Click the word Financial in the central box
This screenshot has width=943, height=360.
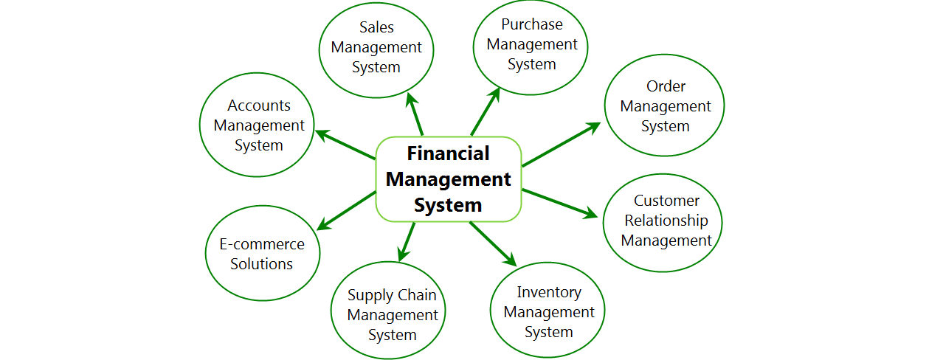(x=448, y=153)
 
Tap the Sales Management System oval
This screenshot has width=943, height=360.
(x=376, y=47)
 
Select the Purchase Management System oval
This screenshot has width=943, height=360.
(x=531, y=44)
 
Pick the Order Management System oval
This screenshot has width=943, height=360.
(x=665, y=106)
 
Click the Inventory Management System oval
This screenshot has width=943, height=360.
(x=548, y=312)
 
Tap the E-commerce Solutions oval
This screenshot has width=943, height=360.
(x=262, y=254)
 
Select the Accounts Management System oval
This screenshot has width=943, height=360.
(x=258, y=125)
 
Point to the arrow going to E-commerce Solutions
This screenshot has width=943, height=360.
(x=348, y=210)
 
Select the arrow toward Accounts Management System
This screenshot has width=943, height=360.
(x=345, y=145)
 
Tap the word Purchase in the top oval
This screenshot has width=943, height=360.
(x=531, y=24)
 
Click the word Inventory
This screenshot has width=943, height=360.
(x=549, y=292)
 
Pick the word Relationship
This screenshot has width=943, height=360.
(x=666, y=221)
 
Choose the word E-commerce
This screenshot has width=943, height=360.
(x=262, y=244)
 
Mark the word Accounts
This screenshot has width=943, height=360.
(x=258, y=105)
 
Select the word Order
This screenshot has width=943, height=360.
(x=666, y=86)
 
